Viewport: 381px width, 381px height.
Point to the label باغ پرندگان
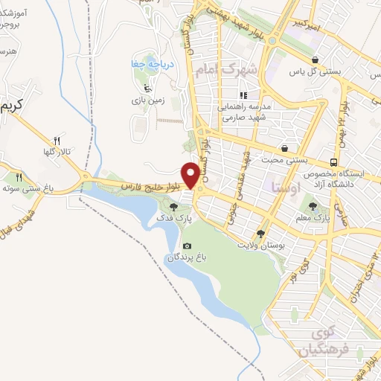(x=185, y=257)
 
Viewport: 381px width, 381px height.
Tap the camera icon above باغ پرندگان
(x=186, y=246)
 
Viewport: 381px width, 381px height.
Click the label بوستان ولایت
(x=259, y=244)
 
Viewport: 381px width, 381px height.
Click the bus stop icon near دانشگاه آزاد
(x=334, y=161)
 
